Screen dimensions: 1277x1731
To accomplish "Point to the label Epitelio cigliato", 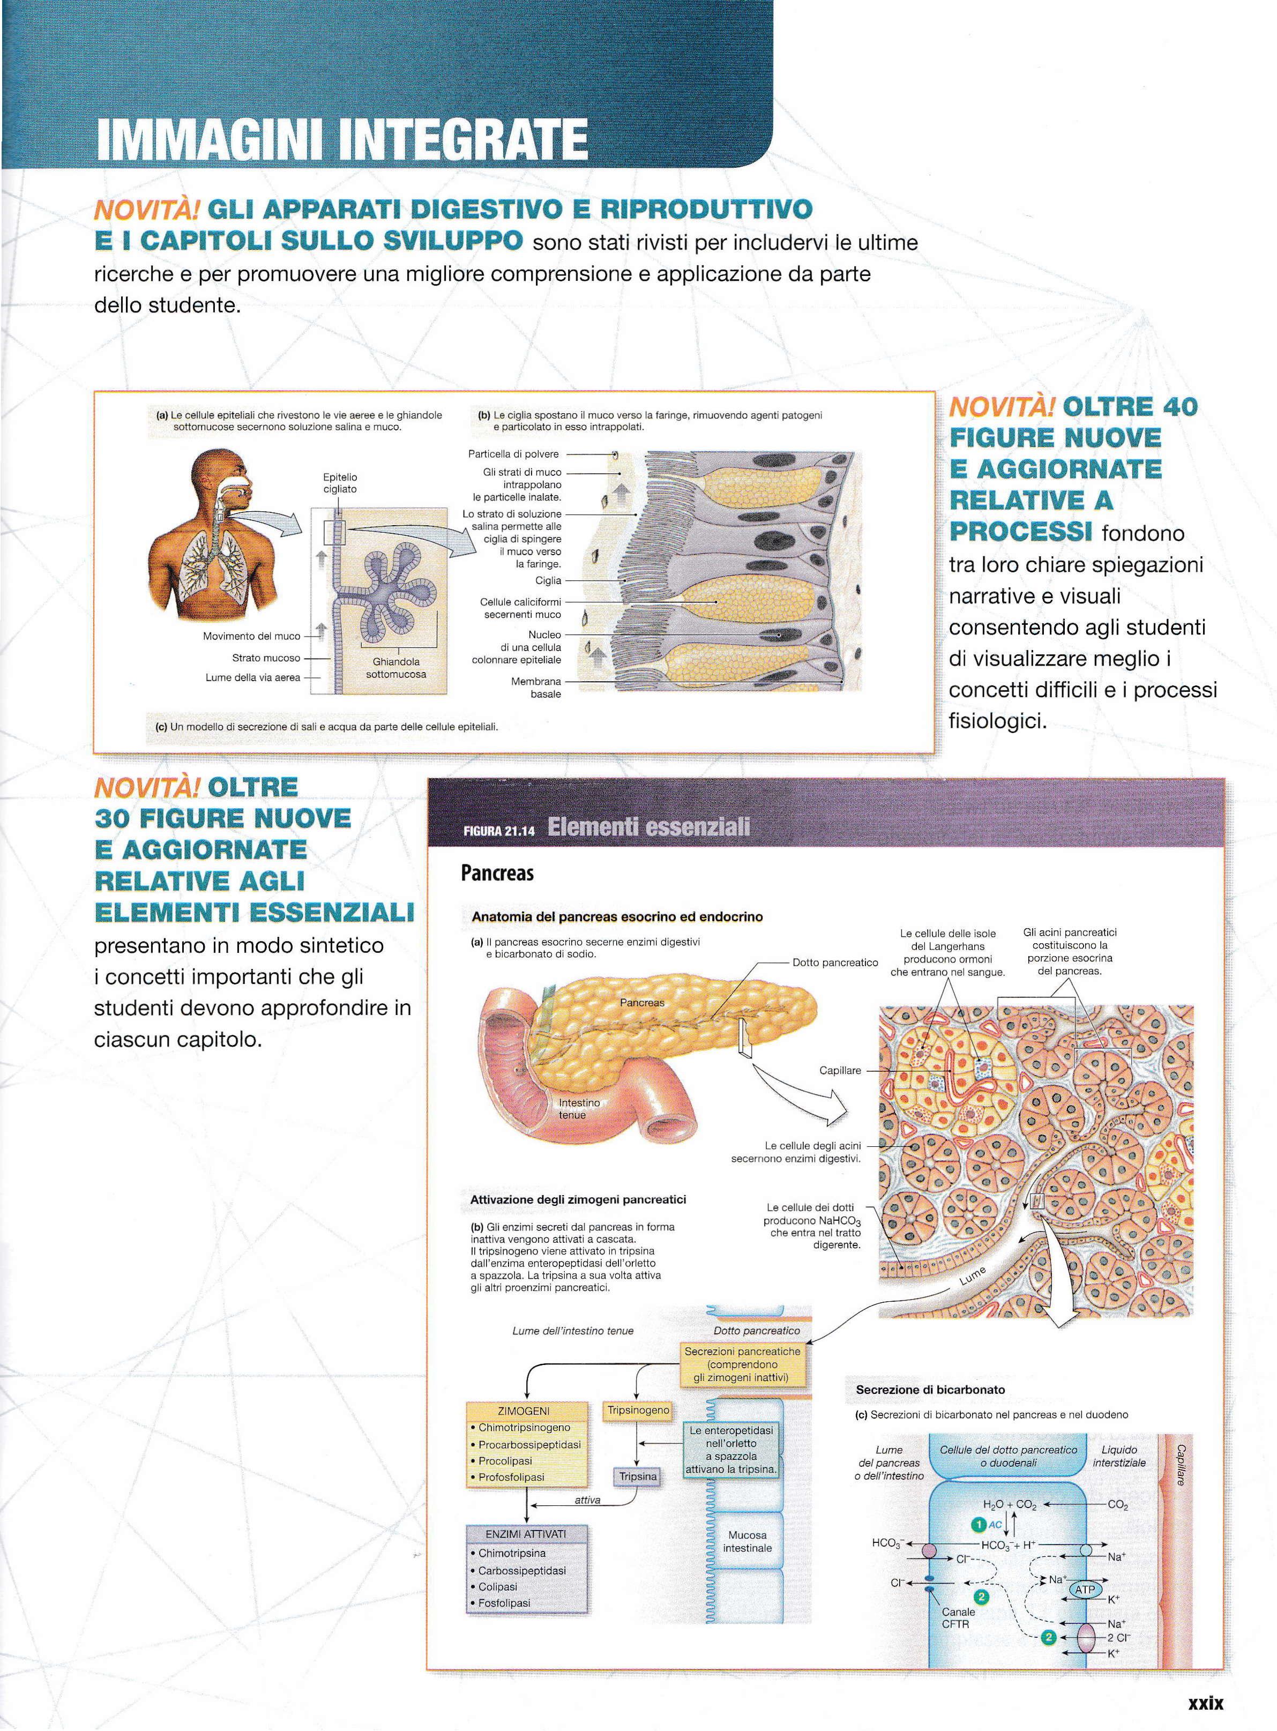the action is coord(340,483).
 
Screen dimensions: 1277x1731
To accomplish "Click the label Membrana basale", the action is coord(536,687).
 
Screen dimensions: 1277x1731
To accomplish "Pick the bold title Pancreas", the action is coord(497,874).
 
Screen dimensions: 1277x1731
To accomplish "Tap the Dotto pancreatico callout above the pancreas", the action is coord(835,963).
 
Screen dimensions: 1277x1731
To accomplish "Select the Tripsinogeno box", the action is coord(638,1410).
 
